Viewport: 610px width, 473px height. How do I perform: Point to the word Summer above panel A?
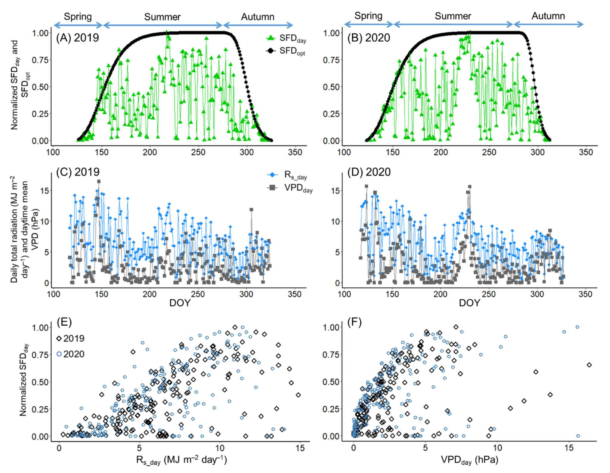tap(162, 17)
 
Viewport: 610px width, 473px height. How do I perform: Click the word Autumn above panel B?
tap(548, 16)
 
